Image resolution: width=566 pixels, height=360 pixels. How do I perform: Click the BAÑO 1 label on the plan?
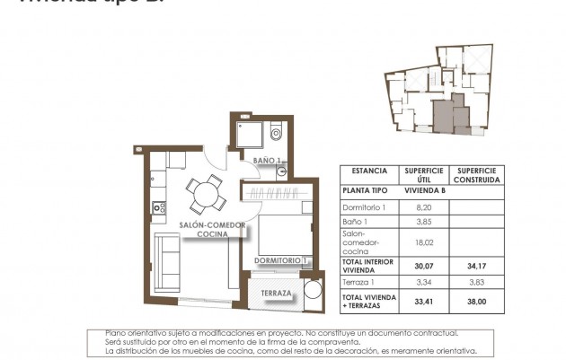coord(268,161)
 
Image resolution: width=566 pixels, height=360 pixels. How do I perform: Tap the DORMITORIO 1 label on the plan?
coord(281,260)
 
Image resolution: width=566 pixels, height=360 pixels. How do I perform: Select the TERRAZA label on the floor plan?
coord(276,294)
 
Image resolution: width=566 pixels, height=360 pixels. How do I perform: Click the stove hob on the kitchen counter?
coord(159,208)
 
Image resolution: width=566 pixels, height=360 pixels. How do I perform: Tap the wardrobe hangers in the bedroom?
coord(279,194)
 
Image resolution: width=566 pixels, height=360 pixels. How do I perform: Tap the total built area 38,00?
coord(476,302)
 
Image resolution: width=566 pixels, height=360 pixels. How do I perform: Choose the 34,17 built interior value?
coord(476,266)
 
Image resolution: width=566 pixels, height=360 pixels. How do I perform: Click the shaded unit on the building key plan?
coord(444,116)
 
